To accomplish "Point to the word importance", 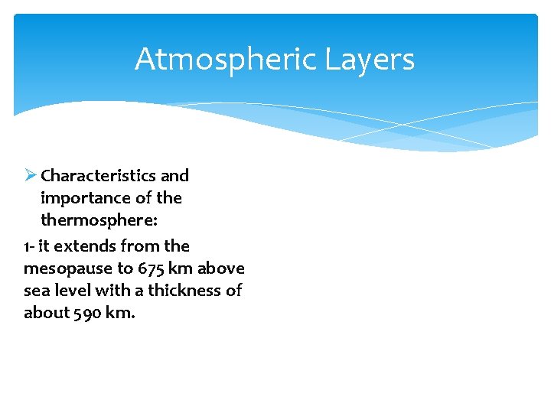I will [x=83, y=198].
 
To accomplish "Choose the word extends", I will [x=80, y=246].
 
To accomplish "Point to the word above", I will [x=221, y=268].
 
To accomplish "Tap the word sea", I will [x=35, y=291].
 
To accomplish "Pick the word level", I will [x=69, y=291].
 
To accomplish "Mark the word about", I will [x=46, y=313].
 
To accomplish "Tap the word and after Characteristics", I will [x=174, y=175].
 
